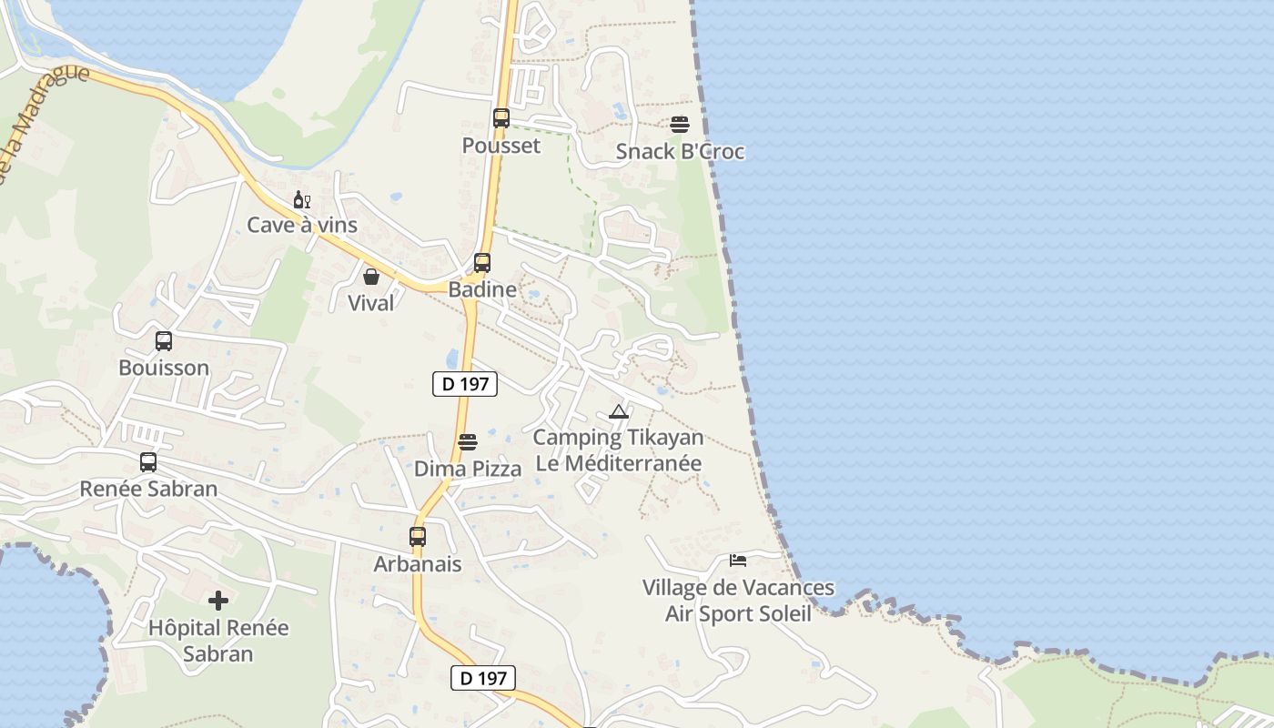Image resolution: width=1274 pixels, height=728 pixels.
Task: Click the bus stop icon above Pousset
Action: point(501,118)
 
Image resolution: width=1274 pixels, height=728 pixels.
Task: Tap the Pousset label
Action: point(501,146)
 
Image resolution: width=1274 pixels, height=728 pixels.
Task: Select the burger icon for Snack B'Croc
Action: point(680,125)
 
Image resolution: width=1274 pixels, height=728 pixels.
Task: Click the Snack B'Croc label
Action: point(680,152)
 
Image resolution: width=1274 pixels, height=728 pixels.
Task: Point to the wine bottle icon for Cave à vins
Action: point(301,199)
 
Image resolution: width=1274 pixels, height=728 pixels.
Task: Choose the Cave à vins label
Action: point(302,225)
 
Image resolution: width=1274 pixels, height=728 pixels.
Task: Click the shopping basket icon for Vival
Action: point(371,277)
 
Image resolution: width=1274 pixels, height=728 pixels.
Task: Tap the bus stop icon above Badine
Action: point(482,263)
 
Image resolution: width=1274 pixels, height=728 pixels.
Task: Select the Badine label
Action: point(482,290)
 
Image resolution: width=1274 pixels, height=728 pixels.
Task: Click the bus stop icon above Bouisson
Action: point(164,341)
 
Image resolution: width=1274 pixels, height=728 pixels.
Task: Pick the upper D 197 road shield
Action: point(465,384)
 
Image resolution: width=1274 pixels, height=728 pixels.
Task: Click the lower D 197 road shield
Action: point(483,678)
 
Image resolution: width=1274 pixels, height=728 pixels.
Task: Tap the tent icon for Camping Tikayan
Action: point(619,411)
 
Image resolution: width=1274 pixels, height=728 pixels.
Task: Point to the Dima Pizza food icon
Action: point(468,442)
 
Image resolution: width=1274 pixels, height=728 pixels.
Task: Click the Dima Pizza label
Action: point(468,470)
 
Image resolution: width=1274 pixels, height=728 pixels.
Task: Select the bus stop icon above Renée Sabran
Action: point(148,462)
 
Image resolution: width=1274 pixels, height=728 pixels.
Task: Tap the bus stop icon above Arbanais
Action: point(418,537)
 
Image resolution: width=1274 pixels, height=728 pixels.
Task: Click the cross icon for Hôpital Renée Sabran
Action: point(218,601)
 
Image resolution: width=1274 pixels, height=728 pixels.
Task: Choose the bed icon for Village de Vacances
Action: point(738,561)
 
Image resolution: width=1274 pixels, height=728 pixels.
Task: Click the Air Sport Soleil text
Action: point(738,613)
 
